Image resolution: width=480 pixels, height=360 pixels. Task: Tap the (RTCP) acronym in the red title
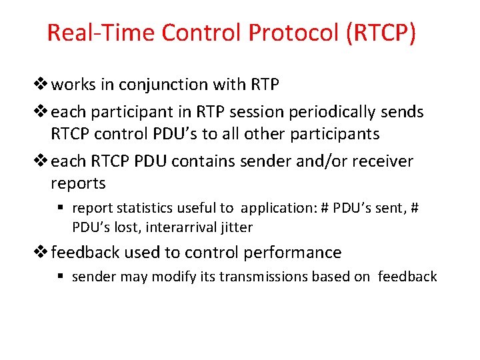pyautogui.click(x=380, y=33)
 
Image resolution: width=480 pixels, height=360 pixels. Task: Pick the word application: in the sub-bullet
pyautogui.click(x=279, y=208)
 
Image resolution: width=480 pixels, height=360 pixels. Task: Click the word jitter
pyautogui.click(x=237, y=227)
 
